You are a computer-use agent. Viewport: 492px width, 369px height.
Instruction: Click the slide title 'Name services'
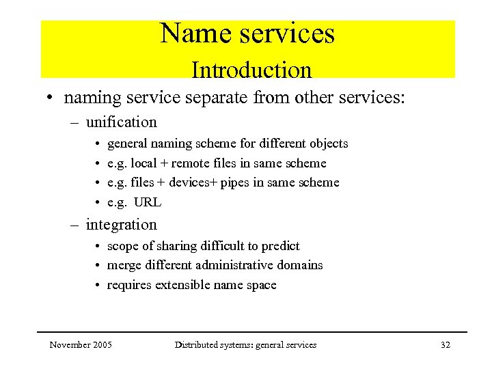coord(247,33)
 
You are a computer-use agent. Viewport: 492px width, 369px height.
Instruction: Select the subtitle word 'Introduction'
coord(251,70)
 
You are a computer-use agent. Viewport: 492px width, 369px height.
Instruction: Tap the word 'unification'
coord(121,122)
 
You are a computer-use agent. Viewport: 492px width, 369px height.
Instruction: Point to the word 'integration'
coord(121,225)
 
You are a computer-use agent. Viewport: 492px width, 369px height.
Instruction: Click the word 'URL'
coord(148,202)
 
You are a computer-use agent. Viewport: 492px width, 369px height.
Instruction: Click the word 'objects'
coord(329,143)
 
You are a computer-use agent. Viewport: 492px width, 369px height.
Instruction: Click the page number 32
coord(446,345)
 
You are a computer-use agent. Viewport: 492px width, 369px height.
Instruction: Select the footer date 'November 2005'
coord(81,345)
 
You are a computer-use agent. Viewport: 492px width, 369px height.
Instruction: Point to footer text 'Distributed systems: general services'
coord(245,345)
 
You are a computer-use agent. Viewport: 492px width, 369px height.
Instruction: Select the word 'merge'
coord(122,265)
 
